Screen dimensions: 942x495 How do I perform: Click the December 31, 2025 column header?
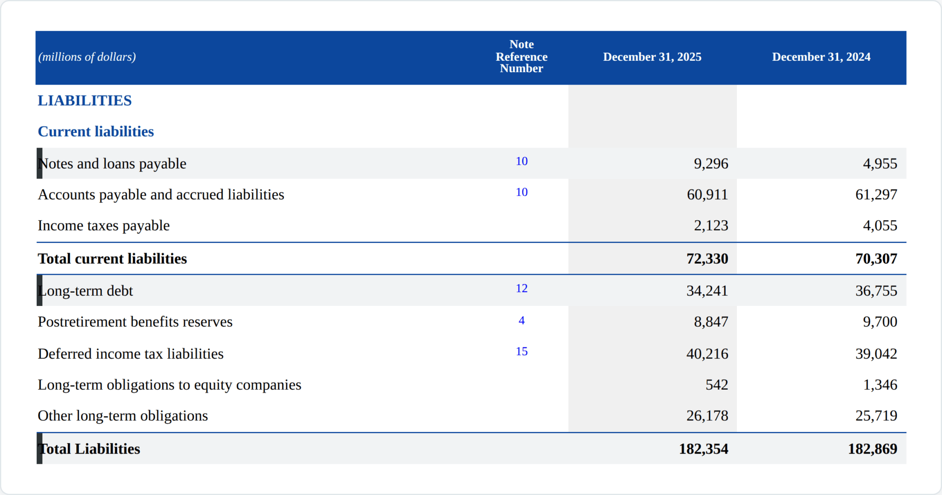coord(652,57)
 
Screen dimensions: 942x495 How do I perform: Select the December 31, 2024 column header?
coord(821,57)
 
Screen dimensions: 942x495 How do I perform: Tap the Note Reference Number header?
coord(522,57)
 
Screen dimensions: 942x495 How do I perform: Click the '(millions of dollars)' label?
coord(87,57)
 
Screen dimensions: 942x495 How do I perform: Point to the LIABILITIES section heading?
coord(85,100)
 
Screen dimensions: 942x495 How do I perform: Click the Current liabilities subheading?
coord(96,132)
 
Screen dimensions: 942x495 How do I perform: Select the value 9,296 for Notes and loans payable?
coord(711,164)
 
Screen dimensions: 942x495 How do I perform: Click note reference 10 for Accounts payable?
coord(522,192)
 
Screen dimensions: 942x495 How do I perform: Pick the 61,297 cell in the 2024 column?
coord(876,195)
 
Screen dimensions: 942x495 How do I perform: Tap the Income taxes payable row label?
coord(103,225)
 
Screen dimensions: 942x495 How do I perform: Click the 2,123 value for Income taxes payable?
coord(711,225)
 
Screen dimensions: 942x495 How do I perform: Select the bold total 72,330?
coord(707,259)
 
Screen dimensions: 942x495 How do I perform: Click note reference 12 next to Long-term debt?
coord(522,288)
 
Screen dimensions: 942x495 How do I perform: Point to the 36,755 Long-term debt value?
coord(876,291)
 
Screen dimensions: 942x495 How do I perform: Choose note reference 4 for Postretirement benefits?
coord(522,321)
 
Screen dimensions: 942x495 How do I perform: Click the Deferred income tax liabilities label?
coord(131,354)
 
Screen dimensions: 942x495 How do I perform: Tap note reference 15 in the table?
coord(522,351)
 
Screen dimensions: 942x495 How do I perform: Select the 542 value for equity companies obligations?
coord(717,385)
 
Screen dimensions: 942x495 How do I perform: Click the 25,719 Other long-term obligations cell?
coord(876,415)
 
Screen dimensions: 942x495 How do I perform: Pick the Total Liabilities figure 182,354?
coord(704,449)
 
